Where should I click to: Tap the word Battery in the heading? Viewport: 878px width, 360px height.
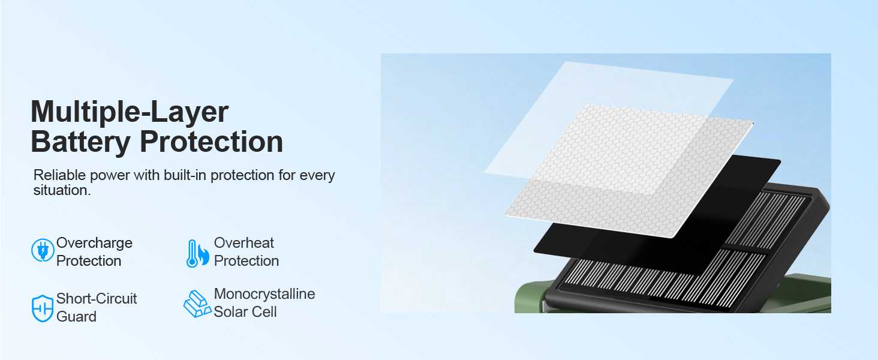80,142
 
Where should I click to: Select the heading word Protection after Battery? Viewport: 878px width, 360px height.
211,142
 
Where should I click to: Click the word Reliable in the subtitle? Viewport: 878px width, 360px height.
59,175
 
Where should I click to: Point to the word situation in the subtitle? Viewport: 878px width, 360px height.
62,190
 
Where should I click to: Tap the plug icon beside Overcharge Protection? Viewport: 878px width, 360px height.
43,250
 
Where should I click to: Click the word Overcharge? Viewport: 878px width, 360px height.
95,244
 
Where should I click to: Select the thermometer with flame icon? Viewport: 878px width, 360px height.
197,253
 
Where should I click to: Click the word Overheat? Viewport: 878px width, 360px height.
244,243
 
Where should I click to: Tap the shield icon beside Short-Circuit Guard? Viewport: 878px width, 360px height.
43,308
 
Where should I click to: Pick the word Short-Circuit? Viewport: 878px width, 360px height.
97,298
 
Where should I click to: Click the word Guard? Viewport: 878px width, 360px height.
76,316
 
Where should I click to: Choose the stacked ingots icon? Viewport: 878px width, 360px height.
197,304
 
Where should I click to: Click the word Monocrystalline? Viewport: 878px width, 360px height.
264,294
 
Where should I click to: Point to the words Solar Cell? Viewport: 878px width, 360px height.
245,312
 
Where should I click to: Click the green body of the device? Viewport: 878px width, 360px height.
529,300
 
